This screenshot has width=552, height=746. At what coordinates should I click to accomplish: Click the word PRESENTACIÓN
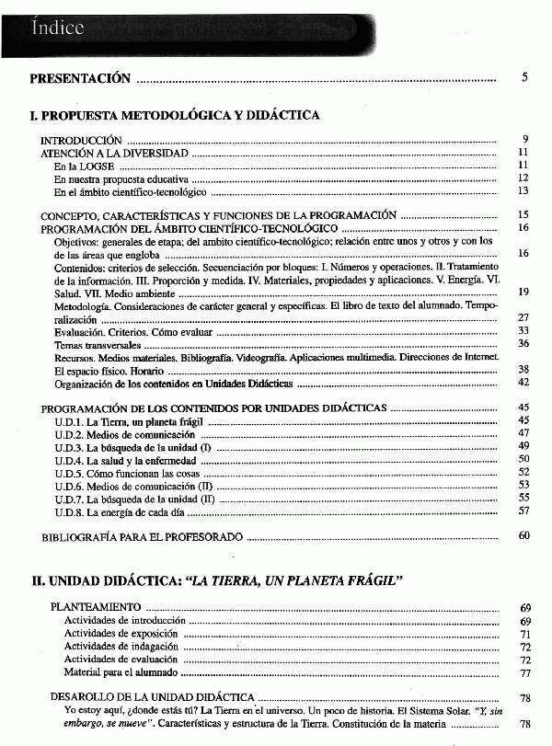pyautogui.click(x=80, y=79)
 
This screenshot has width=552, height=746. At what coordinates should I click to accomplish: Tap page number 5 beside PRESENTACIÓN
pyautogui.click(x=524, y=78)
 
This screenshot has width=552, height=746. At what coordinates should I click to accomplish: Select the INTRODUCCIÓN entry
pyautogui.click(x=82, y=140)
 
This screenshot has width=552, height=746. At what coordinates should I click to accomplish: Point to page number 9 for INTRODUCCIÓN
pyautogui.click(x=524, y=140)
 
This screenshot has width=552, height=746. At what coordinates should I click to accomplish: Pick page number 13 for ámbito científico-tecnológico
pyautogui.click(x=523, y=191)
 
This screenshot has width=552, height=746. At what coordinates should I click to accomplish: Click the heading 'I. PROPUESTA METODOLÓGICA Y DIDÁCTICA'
pyautogui.click(x=175, y=116)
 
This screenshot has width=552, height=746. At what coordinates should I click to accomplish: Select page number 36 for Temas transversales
pyautogui.click(x=523, y=343)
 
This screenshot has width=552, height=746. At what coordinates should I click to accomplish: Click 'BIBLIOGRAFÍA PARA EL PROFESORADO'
pyautogui.click(x=143, y=535)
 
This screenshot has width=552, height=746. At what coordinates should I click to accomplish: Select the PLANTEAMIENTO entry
pyautogui.click(x=96, y=607)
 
